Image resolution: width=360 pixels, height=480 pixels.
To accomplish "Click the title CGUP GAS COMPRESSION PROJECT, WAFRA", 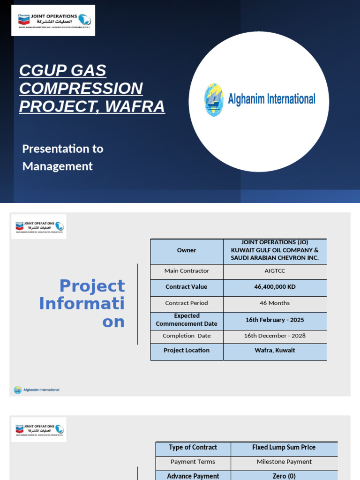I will [x=92, y=89].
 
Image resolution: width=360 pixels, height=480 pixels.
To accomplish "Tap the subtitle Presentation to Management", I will [x=63, y=157].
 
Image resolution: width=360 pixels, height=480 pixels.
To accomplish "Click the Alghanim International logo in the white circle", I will [x=259, y=99].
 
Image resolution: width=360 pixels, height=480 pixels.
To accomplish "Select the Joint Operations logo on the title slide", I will [x=53, y=20].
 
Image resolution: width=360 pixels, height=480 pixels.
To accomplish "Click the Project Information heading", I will [x=82, y=303].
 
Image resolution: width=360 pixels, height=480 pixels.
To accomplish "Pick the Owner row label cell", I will [x=187, y=250].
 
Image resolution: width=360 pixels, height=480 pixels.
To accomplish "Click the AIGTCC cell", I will [x=275, y=271].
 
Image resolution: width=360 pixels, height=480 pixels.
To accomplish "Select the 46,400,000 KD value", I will [x=275, y=287].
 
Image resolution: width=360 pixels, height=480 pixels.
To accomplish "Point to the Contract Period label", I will [x=187, y=303].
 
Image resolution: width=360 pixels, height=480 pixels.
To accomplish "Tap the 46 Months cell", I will [x=275, y=303].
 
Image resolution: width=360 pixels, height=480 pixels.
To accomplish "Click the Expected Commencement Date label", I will [x=187, y=320].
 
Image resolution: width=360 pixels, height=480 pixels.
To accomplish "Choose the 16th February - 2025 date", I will [x=275, y=320].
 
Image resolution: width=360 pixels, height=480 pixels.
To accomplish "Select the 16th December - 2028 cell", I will [x=275, y=336].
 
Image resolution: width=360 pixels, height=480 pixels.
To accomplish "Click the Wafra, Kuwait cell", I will [x=275, y=350].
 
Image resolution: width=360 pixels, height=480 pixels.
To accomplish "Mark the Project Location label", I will [x=187, y=350].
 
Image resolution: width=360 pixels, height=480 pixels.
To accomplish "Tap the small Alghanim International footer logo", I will [x=37, y=390].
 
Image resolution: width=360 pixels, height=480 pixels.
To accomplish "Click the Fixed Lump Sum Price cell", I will [x=284, y=447].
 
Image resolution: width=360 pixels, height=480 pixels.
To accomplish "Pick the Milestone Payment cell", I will [x=284, y=462].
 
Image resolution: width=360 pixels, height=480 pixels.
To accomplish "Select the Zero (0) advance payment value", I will [x=284, y=476].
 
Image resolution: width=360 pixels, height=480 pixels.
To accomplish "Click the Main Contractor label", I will [x=187, y=271].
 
